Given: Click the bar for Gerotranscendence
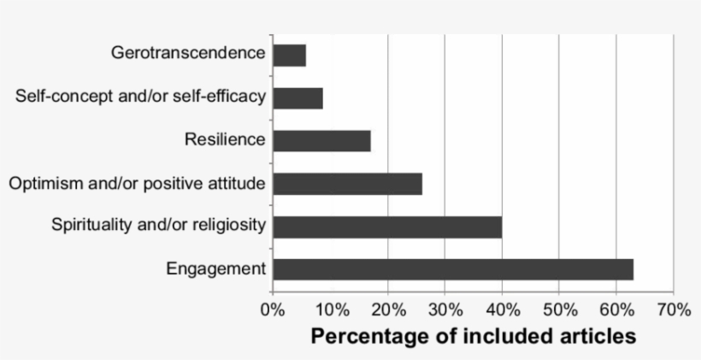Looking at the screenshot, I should [x=290, y=56].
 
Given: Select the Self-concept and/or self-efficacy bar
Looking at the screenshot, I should [x=298, y=98].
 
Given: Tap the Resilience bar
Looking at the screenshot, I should [x=322, y=141].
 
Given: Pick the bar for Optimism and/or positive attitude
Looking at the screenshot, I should [x=348, y=184].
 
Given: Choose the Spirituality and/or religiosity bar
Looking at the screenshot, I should [x=387, y=227].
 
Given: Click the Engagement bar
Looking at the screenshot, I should [x=453, y=269].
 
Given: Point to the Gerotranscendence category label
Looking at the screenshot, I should [x=188, y=53].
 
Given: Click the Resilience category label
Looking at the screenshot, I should [x=225, y=139].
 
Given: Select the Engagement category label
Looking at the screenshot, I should [x=216, y=269].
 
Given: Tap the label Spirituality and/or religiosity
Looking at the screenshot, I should [x=159, y=226].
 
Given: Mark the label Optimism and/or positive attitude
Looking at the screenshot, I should [x=138, y=183].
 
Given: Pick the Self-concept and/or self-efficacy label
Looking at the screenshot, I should [x=140, y=96].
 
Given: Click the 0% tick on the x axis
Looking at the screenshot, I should [x=273, y=309].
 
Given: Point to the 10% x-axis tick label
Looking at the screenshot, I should [x=331, y=309].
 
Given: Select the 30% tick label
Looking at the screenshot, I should [x=445, y=309].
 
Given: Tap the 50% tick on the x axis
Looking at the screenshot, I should [x=559, y=309].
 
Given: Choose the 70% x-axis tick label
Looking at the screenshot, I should [x=674, y=309].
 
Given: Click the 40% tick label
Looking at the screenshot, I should [x=502, y=309].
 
